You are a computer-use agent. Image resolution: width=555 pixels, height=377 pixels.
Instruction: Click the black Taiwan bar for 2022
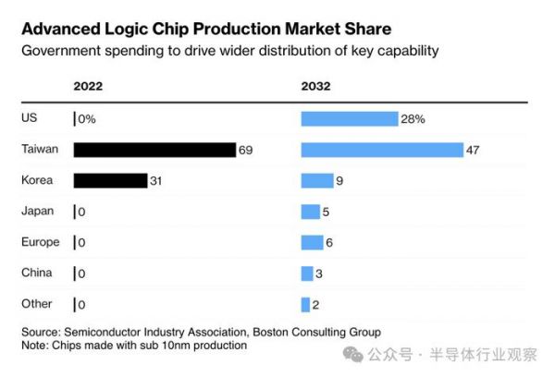pos(154,150)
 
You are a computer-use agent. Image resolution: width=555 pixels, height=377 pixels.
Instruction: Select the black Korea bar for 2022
pos(110,180)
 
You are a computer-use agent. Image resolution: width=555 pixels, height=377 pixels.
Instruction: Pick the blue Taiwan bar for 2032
pos(381,150)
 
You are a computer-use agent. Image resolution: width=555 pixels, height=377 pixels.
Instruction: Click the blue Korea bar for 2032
pos(316,180)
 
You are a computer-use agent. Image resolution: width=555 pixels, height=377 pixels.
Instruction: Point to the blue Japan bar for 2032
pos(310,212)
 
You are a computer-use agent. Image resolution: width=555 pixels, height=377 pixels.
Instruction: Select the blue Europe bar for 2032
pos(312,242)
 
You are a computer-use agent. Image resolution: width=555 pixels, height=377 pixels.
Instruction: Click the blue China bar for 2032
pos(307,274)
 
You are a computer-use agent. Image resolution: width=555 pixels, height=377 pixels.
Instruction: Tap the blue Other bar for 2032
pos(305,304)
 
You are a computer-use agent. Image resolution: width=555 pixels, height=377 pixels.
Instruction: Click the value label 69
pos(245,150)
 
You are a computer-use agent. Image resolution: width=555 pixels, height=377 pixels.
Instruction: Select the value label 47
pos(473,150)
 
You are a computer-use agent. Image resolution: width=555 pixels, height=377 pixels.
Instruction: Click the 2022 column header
pos(88,87)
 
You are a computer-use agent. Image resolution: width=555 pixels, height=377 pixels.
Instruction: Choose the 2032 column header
pos(315,87)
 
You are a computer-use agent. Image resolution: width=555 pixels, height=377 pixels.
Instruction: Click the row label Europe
pos(40,242)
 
